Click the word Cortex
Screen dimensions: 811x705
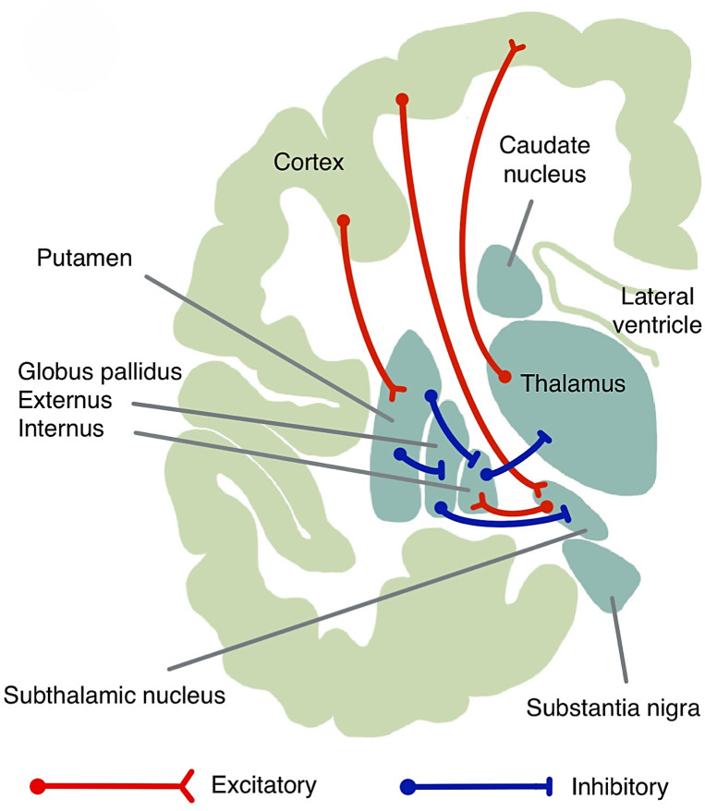[309, 163]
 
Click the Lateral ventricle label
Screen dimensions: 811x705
[662, 311]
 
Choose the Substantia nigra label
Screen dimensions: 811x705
[612, 709]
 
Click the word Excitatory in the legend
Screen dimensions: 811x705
[264, 786]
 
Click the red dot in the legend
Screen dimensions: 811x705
[38, 786]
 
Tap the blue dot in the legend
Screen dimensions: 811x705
[406, 786]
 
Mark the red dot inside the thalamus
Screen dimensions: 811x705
[504, 377]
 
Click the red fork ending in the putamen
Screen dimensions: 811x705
[395, 393]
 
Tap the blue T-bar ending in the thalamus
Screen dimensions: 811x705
[546, 434]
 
